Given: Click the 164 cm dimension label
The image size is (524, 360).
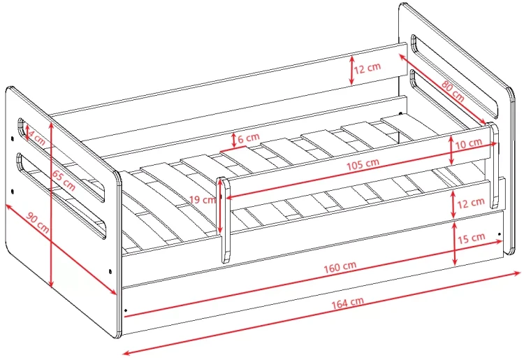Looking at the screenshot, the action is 347,303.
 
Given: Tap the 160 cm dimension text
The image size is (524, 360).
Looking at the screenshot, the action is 340,267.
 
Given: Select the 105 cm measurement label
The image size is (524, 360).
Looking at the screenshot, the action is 363,164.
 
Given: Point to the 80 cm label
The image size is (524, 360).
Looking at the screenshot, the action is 453,91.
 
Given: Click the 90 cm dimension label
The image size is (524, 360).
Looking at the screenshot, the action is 38,222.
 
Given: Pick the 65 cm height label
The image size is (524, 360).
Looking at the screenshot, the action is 64,180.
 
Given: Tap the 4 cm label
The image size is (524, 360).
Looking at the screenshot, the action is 37,138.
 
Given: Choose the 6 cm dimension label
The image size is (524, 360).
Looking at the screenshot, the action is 249,138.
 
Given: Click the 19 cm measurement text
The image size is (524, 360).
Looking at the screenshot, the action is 203,200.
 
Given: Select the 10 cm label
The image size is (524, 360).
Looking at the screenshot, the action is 469,143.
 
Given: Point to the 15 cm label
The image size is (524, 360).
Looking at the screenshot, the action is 471,238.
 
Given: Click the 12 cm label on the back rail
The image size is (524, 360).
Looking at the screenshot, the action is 367,68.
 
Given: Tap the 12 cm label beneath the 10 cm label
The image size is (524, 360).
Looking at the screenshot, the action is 471,203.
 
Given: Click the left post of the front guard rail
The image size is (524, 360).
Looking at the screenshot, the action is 223,220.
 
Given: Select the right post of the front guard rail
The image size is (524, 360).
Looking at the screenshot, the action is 493,166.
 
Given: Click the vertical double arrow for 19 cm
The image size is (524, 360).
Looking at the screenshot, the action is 219,207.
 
